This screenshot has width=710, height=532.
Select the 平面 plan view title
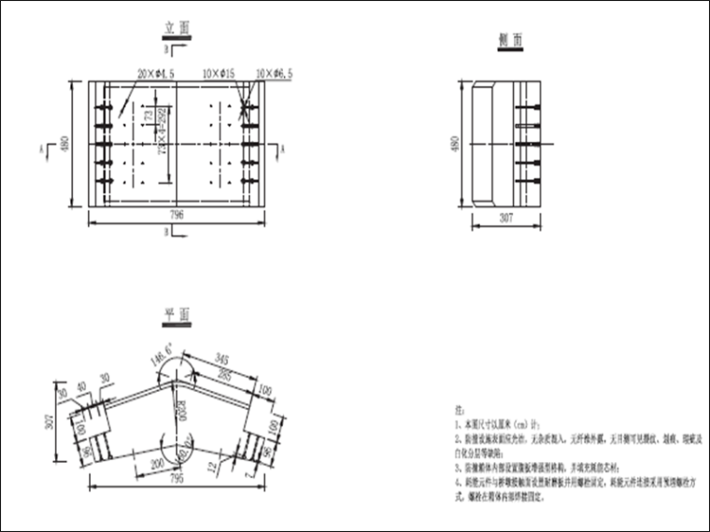coord(177,315)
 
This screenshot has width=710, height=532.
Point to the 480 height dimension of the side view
coord(456,145)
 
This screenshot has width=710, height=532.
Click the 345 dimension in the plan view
coord(220,359)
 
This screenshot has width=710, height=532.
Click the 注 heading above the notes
coord(458,409)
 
